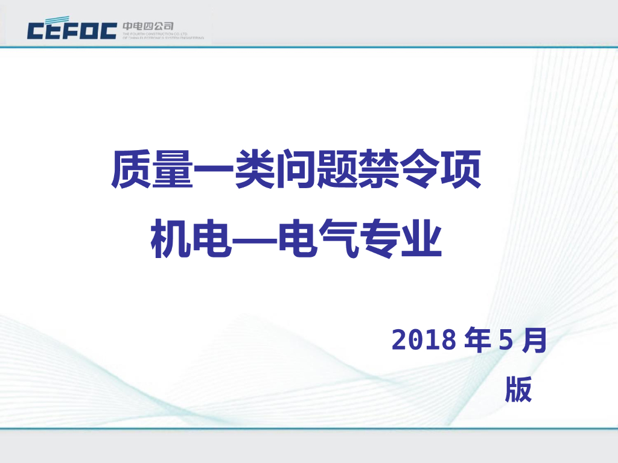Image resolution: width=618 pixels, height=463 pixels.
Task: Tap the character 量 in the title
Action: [x=173, y=170]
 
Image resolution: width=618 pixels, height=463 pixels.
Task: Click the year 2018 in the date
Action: [x=424, y=341]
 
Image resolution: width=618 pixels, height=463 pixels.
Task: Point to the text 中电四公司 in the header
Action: [x=148, y=26]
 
